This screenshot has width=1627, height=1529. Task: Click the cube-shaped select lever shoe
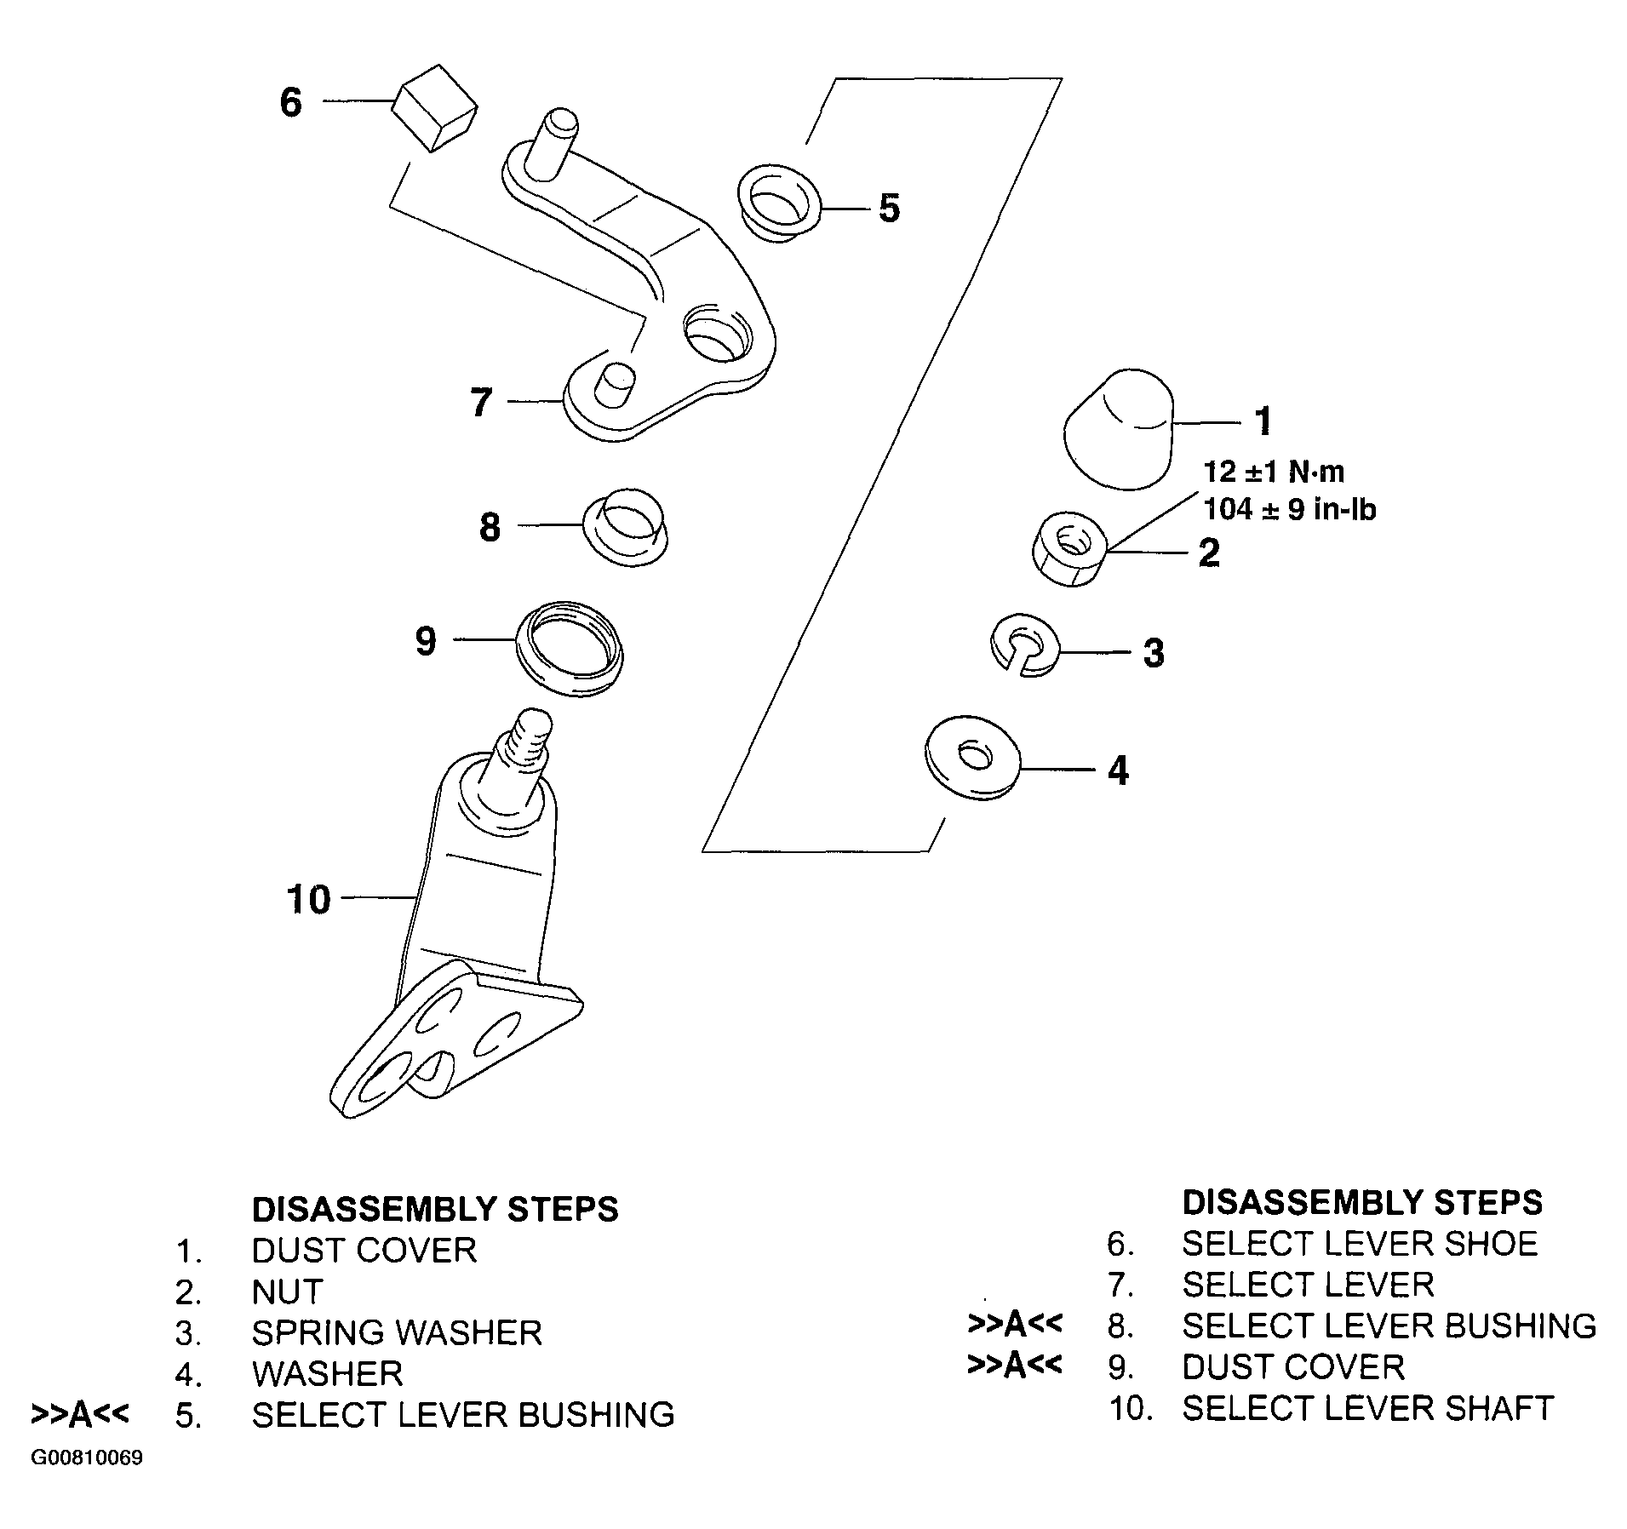pos(434,108)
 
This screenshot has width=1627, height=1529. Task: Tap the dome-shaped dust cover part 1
pos(1120,429)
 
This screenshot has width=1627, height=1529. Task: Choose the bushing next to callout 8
pos(626,528)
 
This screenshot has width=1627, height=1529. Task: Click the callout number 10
pos(308,899)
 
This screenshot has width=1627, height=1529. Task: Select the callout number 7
pos(481,403)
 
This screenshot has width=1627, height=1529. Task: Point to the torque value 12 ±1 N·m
pos(1274,472)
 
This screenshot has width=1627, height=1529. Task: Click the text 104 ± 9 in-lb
pos(1289,509)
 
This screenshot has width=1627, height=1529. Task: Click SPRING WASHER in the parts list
pos(397,1332)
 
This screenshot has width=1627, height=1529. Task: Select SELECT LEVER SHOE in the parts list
pos(1360,1244)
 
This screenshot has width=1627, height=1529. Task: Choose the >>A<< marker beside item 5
pos(80,1414)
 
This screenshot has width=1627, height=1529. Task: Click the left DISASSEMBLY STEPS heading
pos(435,1209)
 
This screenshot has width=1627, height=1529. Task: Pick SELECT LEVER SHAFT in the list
pos(1367,1408)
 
